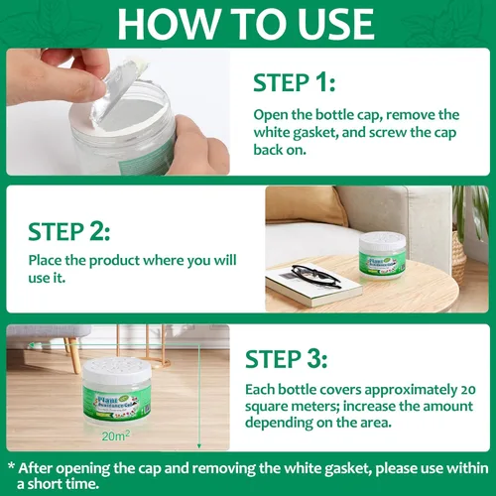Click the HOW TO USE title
click(248, 22)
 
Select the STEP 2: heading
click(67, 231)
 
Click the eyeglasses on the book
click(316, 277)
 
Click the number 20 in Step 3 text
click(468, 385)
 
